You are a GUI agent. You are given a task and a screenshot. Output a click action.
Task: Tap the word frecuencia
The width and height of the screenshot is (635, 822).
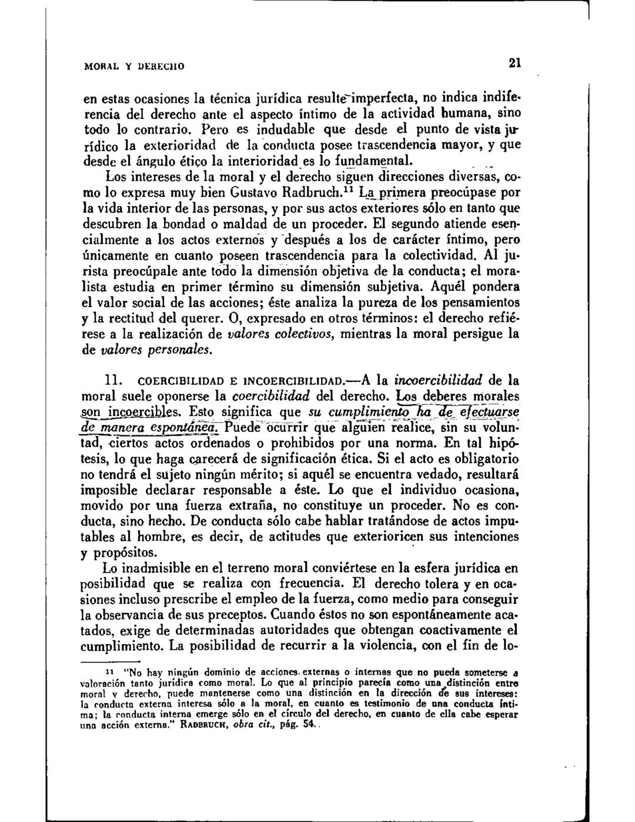302,584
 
